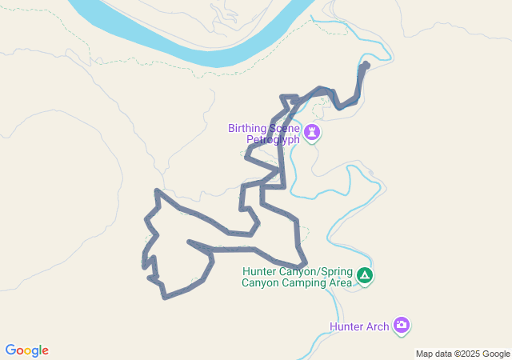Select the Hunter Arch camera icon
tap(402, 325)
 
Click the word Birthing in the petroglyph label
tap(251, 128)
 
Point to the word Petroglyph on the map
tap(272, 139)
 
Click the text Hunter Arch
tap(359, 326)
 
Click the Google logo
tap(26, 350)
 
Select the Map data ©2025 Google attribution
tap(462, 354)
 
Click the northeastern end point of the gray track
tap(366, 63)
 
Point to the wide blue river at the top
tap(200, 44)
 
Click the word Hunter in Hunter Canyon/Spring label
tap(259, 271)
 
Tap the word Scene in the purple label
tap(284, 128)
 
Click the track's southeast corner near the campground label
tap(305, 265)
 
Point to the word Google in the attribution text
tap(495, 354)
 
